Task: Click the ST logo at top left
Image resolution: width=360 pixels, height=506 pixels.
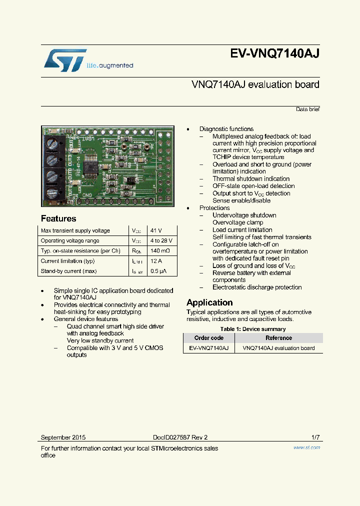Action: [x=65, y=60]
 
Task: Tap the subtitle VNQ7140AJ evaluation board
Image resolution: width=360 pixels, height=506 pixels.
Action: [x=255, y=84]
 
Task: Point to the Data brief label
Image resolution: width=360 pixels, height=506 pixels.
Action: [x=307, y=109]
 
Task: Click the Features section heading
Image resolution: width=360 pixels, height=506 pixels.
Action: [x=58, y=218]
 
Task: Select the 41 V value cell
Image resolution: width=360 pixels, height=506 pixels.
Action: [x=156, y=230]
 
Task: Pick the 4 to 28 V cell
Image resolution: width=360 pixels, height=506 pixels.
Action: [x=161, y=240]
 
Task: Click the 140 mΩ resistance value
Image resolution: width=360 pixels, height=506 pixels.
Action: [x=160, y=250]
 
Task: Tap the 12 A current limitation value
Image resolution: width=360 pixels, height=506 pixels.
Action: [x=157, y=260]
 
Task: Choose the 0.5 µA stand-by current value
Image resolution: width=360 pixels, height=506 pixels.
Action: [x=159, y=271]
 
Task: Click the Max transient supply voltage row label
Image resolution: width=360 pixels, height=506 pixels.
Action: [x=75, y=230]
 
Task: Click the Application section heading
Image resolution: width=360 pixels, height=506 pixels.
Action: [x=209, y=302]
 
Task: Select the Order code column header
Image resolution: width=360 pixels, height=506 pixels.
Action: [x=209, y=338]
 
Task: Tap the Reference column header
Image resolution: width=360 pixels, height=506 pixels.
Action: [x=278, y=338]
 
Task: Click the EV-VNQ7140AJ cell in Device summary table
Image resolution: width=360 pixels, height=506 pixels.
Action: [x=209, y=348]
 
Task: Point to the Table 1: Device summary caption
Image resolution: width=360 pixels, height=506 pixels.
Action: [x=253, y=329]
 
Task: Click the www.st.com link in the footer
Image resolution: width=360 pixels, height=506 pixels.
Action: [x=306, y=447]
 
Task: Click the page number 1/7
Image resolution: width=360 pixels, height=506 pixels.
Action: [x=315, y=437]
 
